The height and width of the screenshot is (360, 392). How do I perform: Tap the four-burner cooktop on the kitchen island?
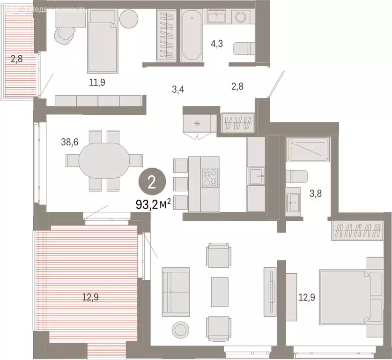(x=209, y=177)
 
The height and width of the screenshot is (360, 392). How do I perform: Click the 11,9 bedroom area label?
(x=97, y=82)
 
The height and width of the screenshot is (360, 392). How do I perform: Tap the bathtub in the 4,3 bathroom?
(x=191, y=35)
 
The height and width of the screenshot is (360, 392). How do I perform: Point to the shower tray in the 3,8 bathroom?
(x=307, y=149)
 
